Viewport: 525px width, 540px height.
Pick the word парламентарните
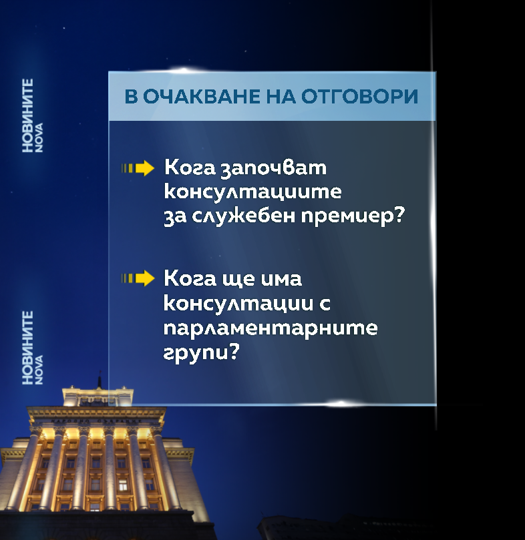pos(271,328)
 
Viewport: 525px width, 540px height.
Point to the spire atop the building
pos(99,381)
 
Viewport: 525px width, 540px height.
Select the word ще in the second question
pos(237,280)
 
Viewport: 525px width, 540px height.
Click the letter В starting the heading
pos(131,96)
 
